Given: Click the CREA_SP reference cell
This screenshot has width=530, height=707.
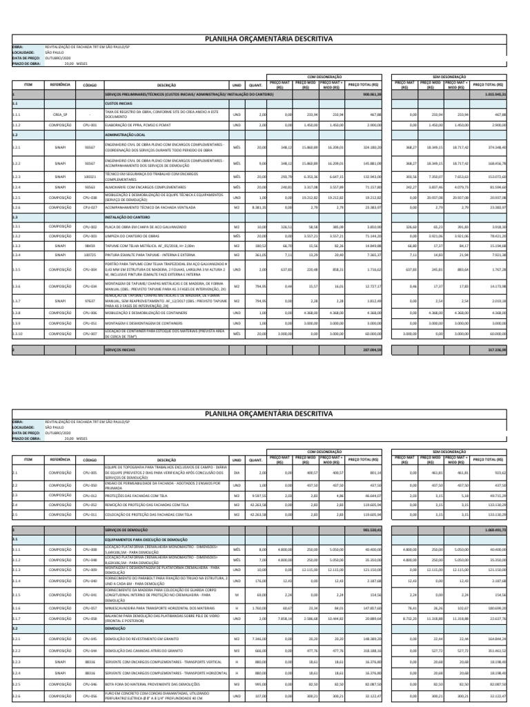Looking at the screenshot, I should coord(60,115).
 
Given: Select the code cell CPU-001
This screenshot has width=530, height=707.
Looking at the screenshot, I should coord(90,126).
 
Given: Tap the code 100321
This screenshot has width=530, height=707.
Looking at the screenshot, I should coord(90,177).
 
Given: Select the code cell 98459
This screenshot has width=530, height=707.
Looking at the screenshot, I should coord(90,246).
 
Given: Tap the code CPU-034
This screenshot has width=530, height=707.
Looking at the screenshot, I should coord(90,285).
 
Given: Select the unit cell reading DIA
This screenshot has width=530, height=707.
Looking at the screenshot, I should coord(236,473).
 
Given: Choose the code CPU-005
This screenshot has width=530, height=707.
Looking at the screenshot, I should coord(90,473).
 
